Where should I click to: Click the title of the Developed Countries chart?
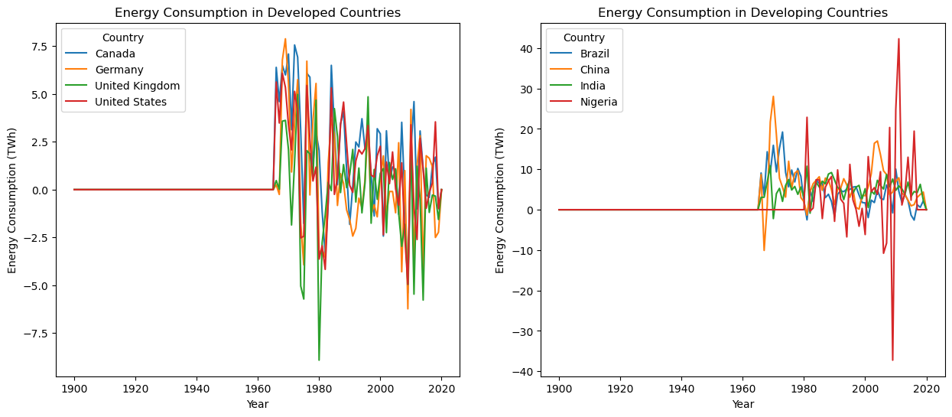pyautogui.click(x=257, y=13)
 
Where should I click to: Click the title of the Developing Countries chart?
pyautogui.click(x=742, y=13)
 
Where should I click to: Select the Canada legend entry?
pyautogui.click(x=115, y=54)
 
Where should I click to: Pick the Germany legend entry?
pyautogui.click(x=119, y=70)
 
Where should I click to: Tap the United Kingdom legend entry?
pyautogui.click(x=138, y=86)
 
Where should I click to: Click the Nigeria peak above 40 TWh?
pyautogui.click(x=898, y=39)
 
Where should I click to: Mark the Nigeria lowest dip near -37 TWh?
pyautogui.click(x=892, y=360)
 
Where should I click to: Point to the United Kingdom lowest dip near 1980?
pyautogui.click(x=319, y=360)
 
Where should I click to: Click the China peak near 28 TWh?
pyautogui.click(x=773, y=96)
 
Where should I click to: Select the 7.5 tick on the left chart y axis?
pyautogui.click(x=40, y=47)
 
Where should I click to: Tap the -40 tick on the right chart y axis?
pyautogui.click(x=521, y=372)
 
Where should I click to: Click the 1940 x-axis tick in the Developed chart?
pyautogui.click(x=197, y=388)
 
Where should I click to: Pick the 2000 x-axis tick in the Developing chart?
pyautogui.click(x=865, y=388)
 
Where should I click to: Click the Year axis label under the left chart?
pyautogui.click(x=258, y=404)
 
